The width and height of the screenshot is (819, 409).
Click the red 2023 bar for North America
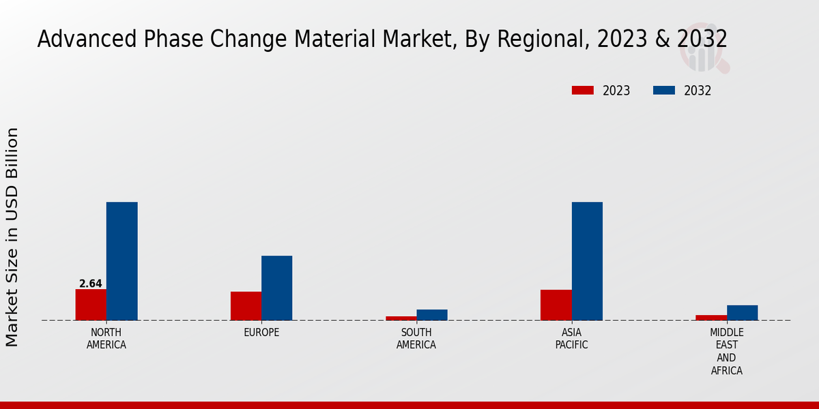pyautogui.click(x=91, y=305)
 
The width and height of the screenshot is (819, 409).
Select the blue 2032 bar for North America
pyautogui.click(x=121, y=261)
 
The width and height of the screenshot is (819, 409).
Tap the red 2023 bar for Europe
pyautogui.click(x=246, y=306)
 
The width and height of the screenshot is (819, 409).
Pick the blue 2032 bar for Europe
pyautogui.click(x=276, y=288)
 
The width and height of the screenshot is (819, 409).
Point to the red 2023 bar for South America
pyautogui.click(x=401, y=318)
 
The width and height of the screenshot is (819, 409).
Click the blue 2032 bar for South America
pyautogui.click(x=432, y=315)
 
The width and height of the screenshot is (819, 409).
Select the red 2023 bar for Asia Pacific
pyautogui.click(x=556, y=305)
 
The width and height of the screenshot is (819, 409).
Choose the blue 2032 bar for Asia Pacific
pyautogui.click(x=587, y=261)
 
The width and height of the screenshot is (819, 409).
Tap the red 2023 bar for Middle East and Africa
pyautogui.click(x=711, y=317)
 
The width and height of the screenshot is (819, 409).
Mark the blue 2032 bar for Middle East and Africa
pyautogui.click(x=742, y=312)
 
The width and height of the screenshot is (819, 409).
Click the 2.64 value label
pyautogui.click(x=91, y=284)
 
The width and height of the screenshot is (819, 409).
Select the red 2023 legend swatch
pyautogui.click(x=583, y=90)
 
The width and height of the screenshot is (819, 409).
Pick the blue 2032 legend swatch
pyautogui.click(x=664, y=90)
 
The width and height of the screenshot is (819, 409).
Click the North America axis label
pyautogui.click(x=106, y=339)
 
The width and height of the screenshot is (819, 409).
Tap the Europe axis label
pyautogui.click(x=261, y=333)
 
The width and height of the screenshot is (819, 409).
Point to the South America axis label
pyautogui.click(x=416, y=339)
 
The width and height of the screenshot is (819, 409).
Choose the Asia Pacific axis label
pyautogui.click(x=572, y=339)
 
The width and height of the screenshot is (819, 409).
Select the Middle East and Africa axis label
pyautogui.click(x=727, y=352)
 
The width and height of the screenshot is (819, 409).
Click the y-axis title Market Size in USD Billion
pyautogui.click(x=12, y=237)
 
